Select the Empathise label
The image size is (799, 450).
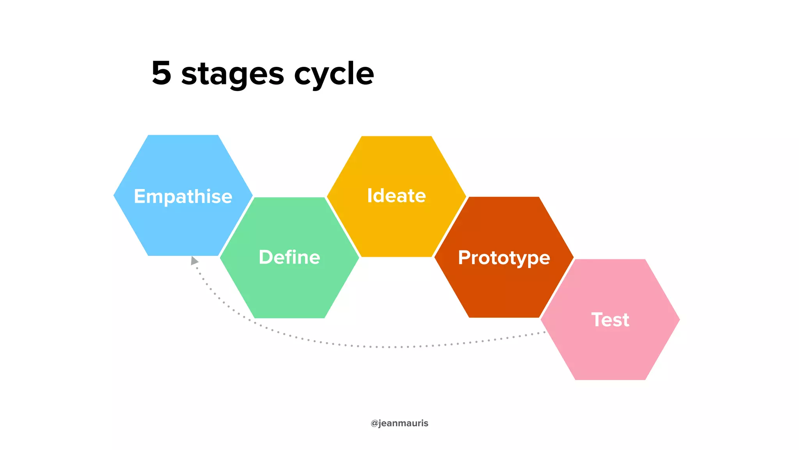click(183, 196)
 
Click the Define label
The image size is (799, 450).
click(289, 257)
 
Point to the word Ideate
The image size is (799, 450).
click(396, 195)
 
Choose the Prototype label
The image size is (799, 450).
click(504, 258)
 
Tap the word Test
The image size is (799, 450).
click(610, 320)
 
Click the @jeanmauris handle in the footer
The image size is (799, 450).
click(399, 423)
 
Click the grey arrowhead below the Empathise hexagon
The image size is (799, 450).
click(194, 261)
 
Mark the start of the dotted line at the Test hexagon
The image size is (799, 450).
click(544, 332)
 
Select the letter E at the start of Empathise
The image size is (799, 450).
click(140, 196)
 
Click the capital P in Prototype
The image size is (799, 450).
click(464, 257)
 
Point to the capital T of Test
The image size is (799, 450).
click(597, 320)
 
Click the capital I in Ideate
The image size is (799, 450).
click(369, 195)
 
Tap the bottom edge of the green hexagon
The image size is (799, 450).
click(289, 317)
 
